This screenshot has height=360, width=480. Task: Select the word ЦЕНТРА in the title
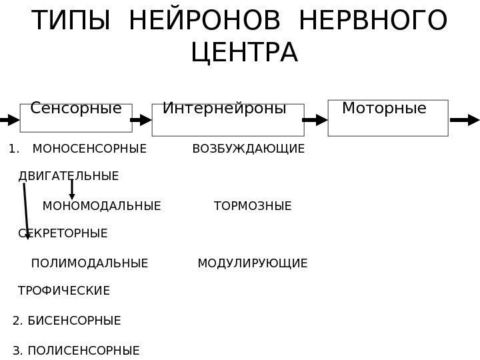pos(244,52)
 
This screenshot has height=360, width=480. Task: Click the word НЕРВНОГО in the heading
pos(374,21)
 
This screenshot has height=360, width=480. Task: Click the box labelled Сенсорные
pos(76,117)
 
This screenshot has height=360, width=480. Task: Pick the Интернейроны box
pos(228,119)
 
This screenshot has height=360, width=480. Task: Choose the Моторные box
pos(388,117)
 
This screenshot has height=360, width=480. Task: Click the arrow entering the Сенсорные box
pos(9,120)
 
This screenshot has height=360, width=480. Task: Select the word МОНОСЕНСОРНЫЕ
pos(89,148)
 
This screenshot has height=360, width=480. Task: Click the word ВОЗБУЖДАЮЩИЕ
pos(248,148)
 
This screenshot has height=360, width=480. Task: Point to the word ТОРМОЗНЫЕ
pos(253,206)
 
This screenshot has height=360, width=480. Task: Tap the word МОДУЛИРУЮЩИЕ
pos(253,263)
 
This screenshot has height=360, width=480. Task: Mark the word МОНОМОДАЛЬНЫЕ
pos(101,206)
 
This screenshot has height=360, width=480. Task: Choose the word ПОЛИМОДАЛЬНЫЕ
pos(89,263)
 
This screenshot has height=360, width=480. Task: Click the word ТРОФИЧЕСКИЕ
pos(64,291)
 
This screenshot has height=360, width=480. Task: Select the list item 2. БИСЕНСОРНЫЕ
pos(67,321)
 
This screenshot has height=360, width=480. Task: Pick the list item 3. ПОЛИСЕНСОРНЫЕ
pos(77,350)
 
